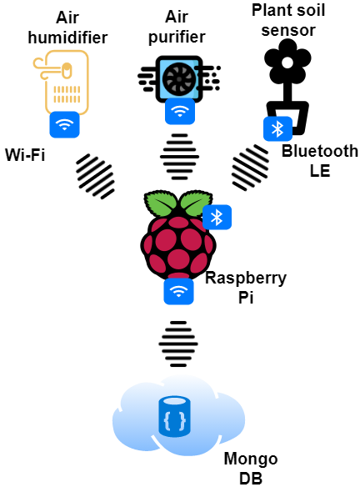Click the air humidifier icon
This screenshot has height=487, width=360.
tap(62, 83)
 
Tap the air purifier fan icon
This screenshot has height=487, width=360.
tap(179, 79)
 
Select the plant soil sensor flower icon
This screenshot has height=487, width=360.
tap(287, 87)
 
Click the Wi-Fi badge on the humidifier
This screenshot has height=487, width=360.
tap(64, 124)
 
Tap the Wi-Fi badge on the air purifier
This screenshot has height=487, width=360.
tap(180, 111)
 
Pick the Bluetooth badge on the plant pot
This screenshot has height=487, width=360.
tap(277, 128)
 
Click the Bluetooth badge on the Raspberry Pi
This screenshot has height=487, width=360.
tap(217, 217)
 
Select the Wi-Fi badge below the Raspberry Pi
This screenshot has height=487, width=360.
tap(178, 291)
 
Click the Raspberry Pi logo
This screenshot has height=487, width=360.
tap(177, 235)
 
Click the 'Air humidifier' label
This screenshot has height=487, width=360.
tap(67, 28)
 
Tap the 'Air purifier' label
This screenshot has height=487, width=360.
tap(177, 27)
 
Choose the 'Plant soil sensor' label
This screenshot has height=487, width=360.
tap(288, 20)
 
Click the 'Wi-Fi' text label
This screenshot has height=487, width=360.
tap(25, 154)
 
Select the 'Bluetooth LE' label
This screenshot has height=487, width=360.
tap(320, 161)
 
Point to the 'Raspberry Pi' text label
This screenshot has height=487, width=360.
tap(246, 288)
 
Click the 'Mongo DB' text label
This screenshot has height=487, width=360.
tap(251, 469)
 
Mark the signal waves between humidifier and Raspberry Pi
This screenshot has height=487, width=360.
tap(95, 176)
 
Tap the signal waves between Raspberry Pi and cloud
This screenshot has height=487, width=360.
tap(178, 344)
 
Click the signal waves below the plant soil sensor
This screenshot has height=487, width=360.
tap(251, 167)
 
